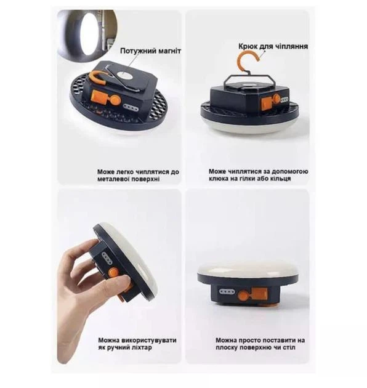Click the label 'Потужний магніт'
tap(150, 51)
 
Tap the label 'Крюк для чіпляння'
tap(273, 46)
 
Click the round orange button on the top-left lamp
tap(115, 100)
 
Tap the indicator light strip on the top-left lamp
tap(132, 108)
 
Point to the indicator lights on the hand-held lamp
tap(107, 258)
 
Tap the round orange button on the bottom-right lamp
tap(243, 295)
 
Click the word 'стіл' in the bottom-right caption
tap(289, 347)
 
